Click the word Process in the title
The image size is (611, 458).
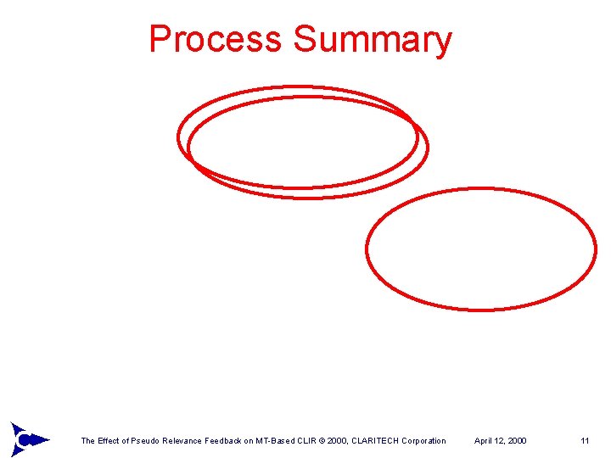point(215,40)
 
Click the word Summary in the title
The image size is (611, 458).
point(373,40)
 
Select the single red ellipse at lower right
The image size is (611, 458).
point(481,249)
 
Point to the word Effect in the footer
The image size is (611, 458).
point(109,441)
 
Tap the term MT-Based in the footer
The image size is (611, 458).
point(283,441)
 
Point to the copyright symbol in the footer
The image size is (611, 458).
point(334,441)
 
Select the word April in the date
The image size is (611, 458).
point(484,441)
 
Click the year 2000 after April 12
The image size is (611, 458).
point(517,441)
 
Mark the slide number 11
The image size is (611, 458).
point(585,441)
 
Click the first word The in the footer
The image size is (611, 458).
point(87,441)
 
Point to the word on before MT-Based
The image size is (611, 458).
point(257,441)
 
